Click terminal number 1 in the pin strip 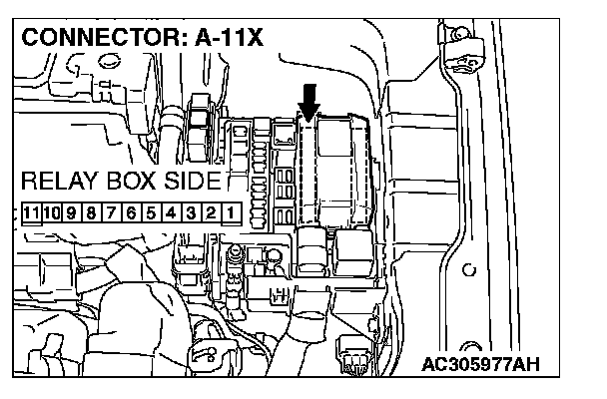click(231, 212)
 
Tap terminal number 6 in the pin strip click(131, 212)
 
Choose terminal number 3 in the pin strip click(191, 212)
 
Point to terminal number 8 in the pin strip click(92, 212)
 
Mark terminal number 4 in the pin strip click(171, 212)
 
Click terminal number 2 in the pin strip click(211, 212)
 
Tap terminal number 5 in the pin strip click(151, 212)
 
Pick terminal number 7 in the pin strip click(112, 212)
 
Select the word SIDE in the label click(190, 184)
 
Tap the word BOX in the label click(129, 184)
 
